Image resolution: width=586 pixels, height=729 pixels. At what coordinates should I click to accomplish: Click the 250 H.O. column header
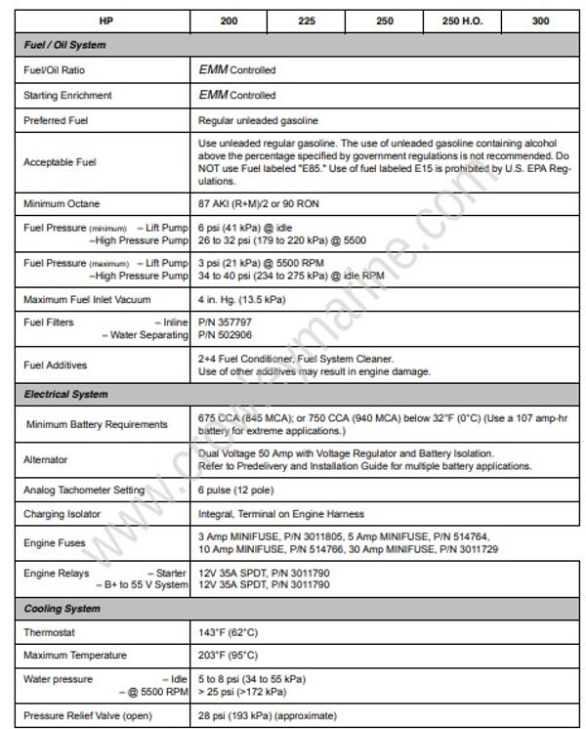pos(459,21)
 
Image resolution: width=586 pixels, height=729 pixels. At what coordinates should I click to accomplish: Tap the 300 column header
pos(540,21)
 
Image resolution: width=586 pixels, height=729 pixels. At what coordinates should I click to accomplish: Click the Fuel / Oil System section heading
pos(64,45)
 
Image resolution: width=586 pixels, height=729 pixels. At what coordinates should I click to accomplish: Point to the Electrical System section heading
pos(65,395)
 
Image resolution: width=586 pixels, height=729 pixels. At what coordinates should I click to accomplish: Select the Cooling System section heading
pos(62,609)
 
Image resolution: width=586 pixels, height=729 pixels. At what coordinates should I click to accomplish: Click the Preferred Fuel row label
pos(56,120)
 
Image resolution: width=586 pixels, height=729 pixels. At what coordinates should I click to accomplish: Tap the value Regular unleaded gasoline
pos(258,120)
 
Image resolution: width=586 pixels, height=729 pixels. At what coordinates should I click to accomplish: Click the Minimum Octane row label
pos(61,203)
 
